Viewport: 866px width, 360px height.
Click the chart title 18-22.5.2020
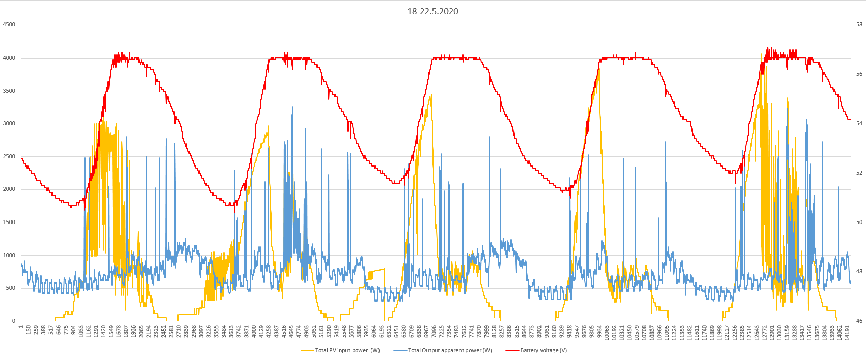point(432,11)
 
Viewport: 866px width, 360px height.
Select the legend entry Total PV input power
point(347,350)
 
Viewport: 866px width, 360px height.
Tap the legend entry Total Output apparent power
point(450,350)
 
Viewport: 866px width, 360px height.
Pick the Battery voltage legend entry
point(544,350)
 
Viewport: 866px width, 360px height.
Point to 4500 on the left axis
point(9,24)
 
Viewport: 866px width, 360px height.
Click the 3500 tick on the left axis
point(9,91)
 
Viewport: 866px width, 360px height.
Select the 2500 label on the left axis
point(9,156)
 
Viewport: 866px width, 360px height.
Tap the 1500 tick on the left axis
point(9,222)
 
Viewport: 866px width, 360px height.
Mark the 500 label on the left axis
point(10,288)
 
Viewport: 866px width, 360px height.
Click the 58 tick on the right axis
point(859,24)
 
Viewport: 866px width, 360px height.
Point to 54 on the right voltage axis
point(859,123)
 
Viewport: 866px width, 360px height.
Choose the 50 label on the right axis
point(859,222)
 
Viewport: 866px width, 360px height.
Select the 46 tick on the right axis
point(859,321)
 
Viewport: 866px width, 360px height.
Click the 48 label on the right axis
point(859,271)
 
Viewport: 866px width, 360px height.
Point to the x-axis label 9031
point(547,331)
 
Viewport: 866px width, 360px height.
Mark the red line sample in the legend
point(512,350)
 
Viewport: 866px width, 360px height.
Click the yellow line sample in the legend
point(307,350)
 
